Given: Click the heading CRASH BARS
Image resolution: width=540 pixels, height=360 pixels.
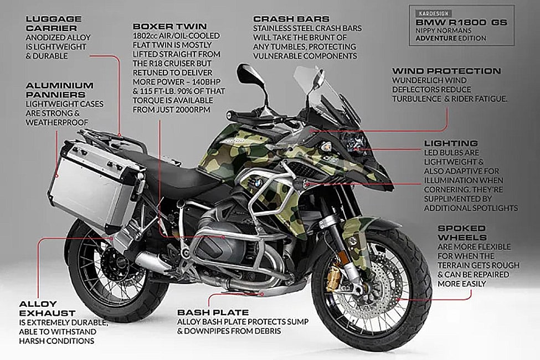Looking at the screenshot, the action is (291, 19).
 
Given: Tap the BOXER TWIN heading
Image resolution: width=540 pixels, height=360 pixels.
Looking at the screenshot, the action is (170, 26).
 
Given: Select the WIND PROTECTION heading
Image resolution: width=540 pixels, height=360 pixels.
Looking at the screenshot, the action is (446, 71).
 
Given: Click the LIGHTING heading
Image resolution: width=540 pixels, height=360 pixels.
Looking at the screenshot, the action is (451, 143).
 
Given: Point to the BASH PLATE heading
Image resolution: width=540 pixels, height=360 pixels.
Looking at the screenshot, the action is (213, 312).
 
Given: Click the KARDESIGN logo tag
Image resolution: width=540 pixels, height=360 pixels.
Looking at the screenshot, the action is (434, 13).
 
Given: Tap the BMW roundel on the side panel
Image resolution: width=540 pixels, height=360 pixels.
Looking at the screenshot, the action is (258, 182).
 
